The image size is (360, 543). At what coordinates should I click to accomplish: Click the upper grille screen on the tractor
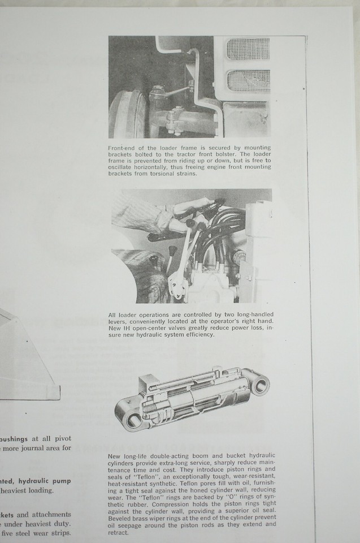pos(249,50)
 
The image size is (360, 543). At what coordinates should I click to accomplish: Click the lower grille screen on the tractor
pos(249,81)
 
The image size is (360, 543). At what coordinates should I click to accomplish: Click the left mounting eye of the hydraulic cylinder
pos(133,420)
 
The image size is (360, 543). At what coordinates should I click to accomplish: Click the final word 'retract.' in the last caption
pos(119,531)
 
